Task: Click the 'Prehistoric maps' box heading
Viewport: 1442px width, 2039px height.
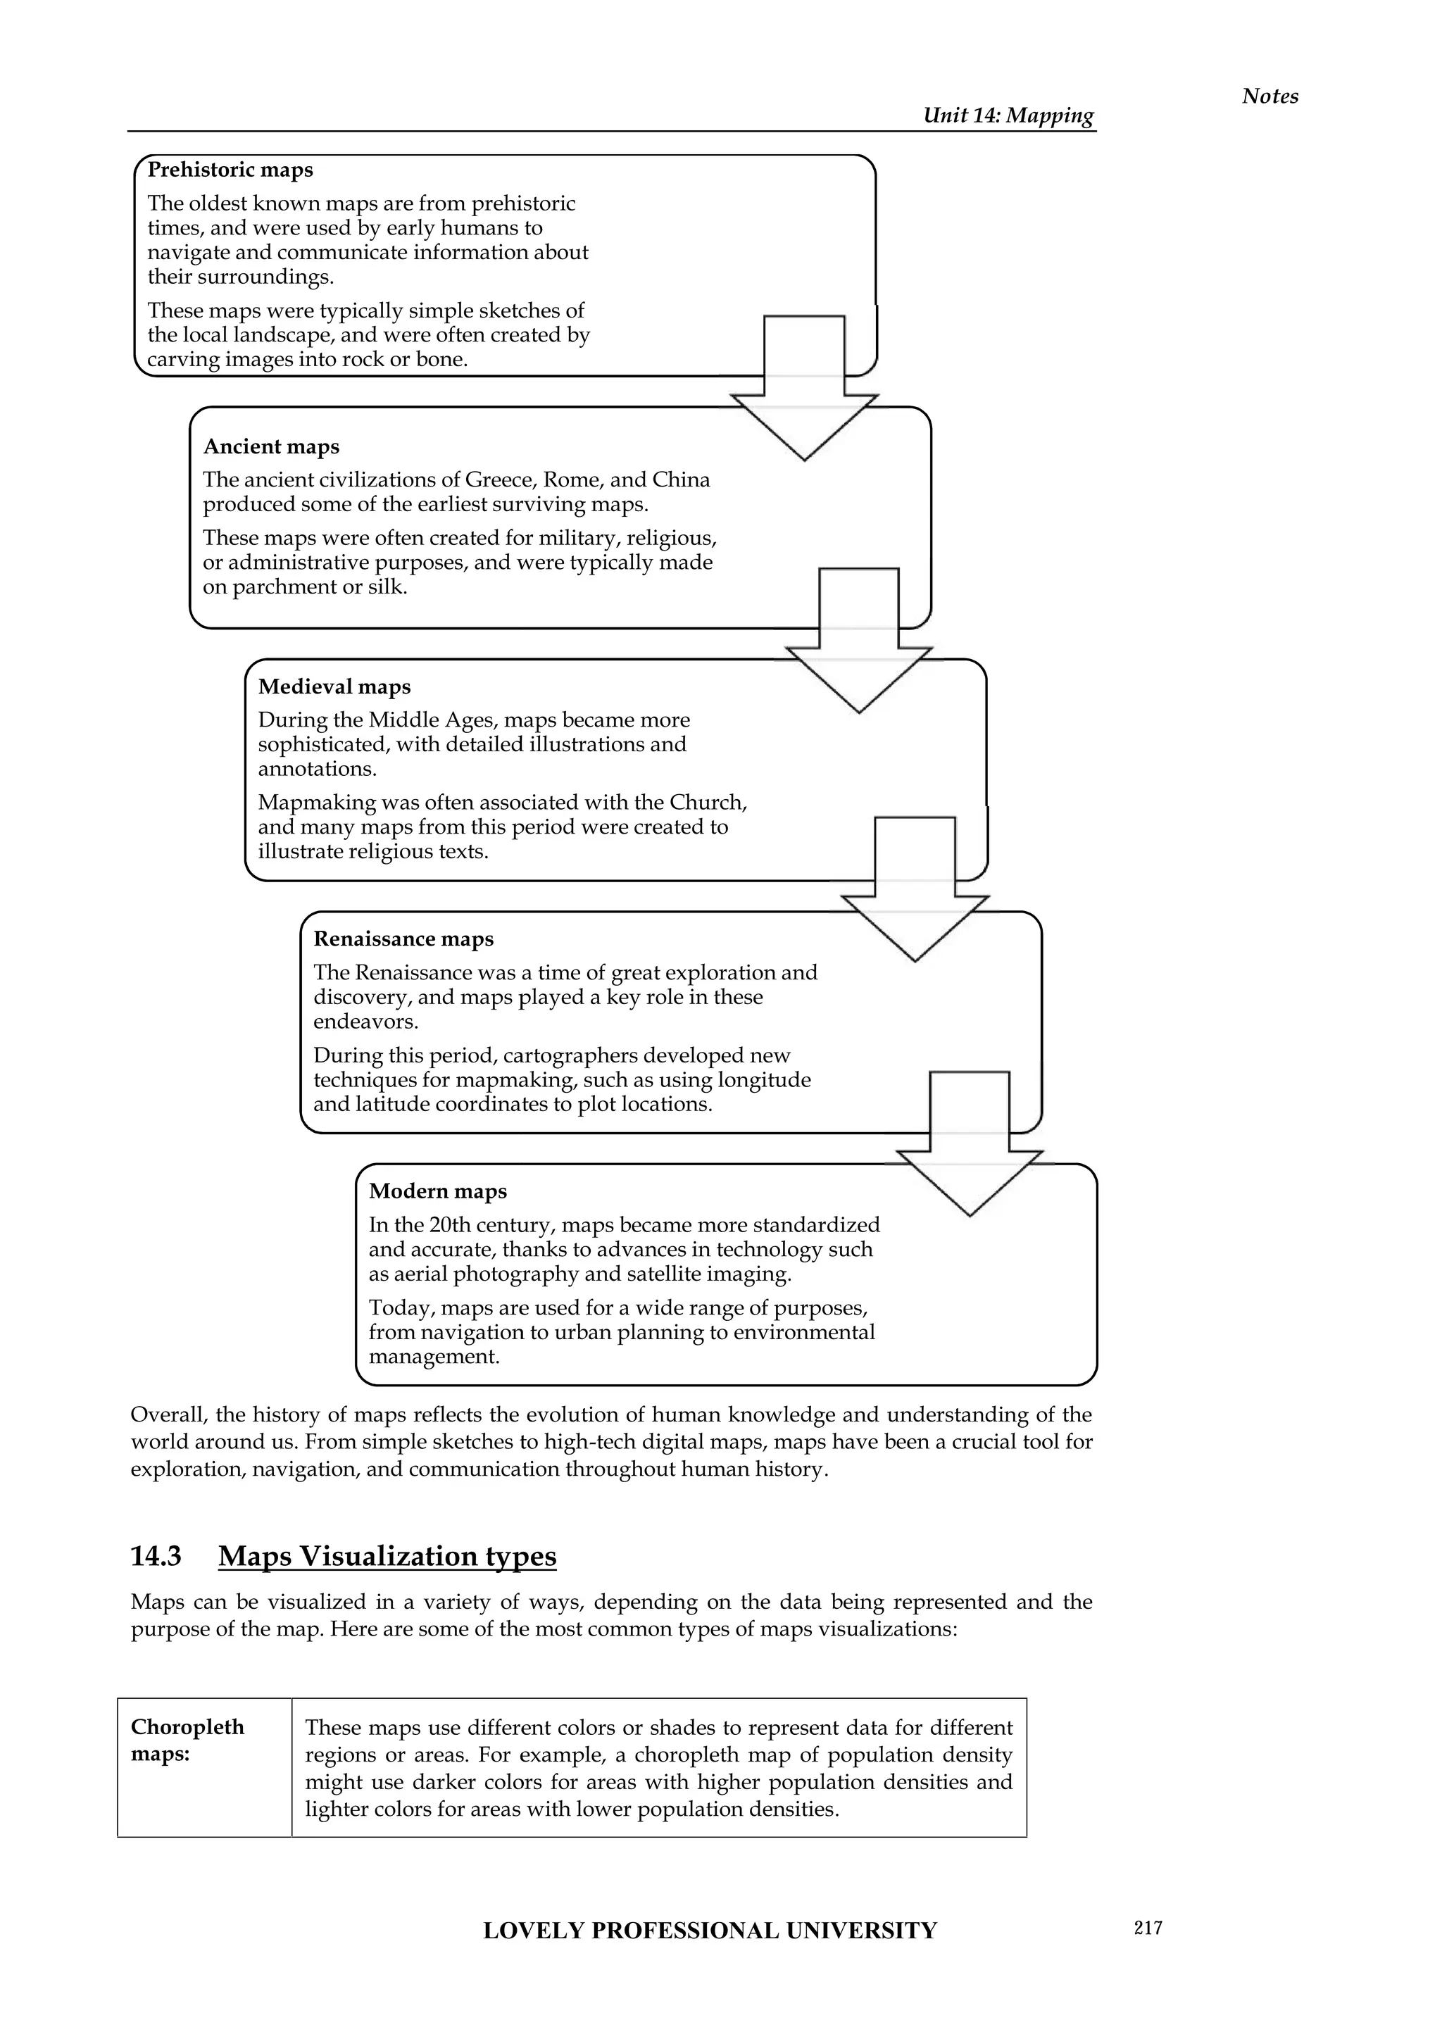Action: pos(230,170)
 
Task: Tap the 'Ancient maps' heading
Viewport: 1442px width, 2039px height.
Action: pos(271,446)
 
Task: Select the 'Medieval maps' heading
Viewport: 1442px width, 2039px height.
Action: pos(334,686)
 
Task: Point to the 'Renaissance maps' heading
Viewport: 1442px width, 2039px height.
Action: pos(403,939)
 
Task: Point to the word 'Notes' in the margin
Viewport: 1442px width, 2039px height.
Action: pos(1269,96)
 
